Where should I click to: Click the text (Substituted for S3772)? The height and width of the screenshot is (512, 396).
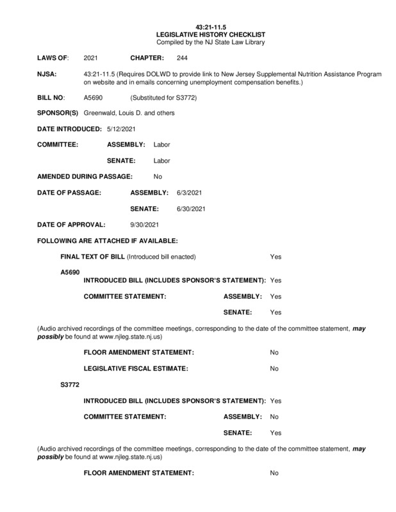(160, 98)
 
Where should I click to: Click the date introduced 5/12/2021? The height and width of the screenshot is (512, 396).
(122, 129)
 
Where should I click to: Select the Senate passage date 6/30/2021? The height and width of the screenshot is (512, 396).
(190, 209)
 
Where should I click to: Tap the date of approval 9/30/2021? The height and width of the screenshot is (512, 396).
(144, 225)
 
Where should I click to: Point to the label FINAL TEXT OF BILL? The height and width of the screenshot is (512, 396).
(92, 257)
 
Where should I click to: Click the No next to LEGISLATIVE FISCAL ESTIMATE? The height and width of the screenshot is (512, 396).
(274, 369)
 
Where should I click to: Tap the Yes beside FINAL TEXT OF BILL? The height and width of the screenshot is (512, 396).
(276, 257)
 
